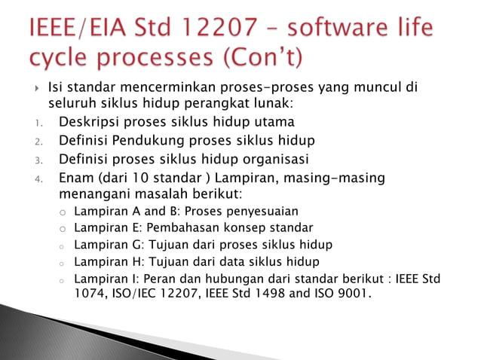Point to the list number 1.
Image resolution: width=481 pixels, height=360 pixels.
[x=38, y=123]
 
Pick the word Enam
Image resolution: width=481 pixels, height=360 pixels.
[x=77, y=178]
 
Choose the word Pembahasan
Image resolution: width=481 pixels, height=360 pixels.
[x=183, y=227]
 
